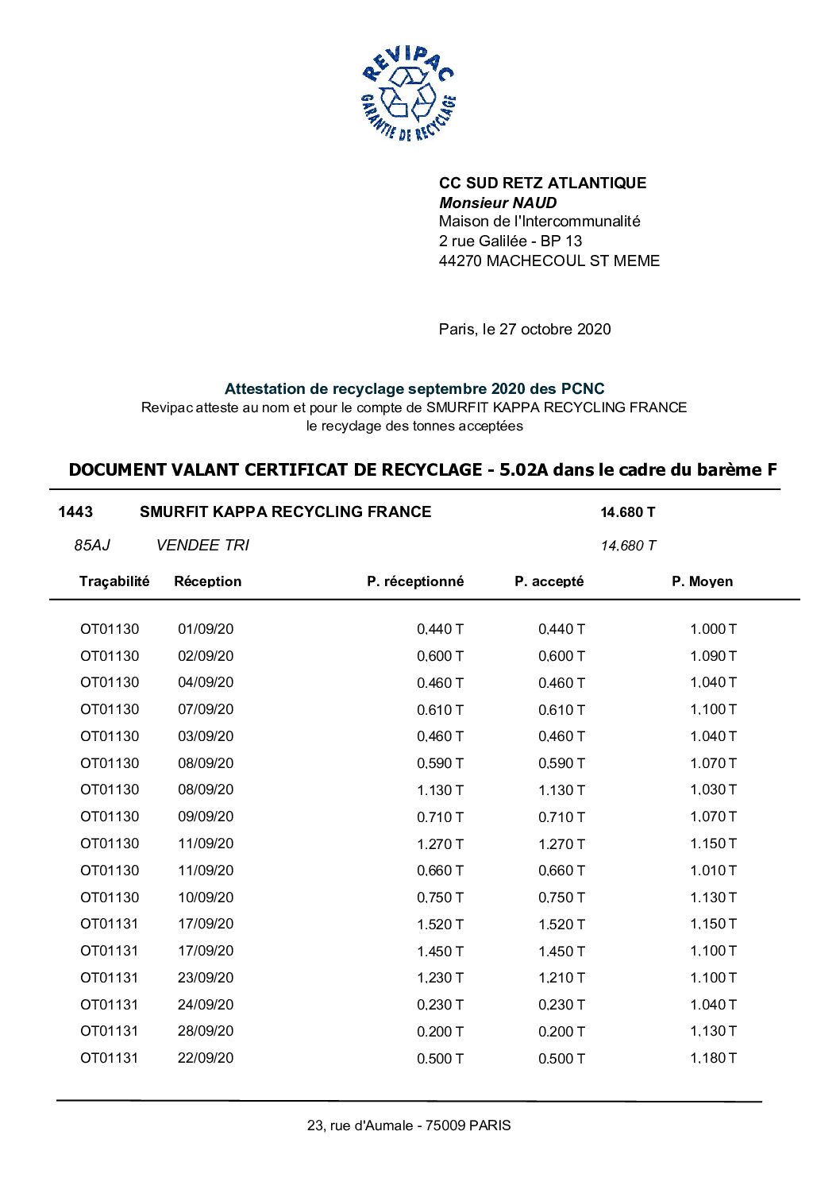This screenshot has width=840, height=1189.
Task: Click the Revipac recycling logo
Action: click(x=408, y=94)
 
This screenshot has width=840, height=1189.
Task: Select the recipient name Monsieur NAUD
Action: click(x=498, y=203)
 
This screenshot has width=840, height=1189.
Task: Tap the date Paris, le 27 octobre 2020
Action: click(x=525, y=329)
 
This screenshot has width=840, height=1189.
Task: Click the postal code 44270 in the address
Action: click(x=460, y=261)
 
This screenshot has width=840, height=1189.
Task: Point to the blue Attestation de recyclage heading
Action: click(x=414, y=388)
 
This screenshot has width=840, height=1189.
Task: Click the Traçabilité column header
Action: click(x=114, y=581)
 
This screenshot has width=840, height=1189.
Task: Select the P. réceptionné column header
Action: click(x=415, y=581)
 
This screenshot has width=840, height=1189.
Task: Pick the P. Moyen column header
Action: click(x=702, y=581)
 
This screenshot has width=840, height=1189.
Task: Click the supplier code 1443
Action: click(x=75, y=512)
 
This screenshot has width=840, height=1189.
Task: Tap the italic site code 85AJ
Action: click(x=92, y=545)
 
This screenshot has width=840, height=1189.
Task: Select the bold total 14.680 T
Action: click(x=627, y=512)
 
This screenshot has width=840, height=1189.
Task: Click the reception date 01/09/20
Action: click(x=206, y=629)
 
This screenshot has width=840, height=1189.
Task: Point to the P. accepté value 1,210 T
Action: click(x=561, y=978)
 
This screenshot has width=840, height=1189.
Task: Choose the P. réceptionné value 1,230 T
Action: click(x=440, y=978)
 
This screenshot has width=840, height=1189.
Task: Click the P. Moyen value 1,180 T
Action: click(x=713, y=1058)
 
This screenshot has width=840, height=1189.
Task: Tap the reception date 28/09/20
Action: click(x=206, y=1031)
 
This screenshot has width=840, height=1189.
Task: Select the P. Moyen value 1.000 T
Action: click(x=713, y=629)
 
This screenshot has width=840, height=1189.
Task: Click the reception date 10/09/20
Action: click(x=206, y=898)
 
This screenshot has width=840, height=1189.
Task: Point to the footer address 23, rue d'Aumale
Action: click(x=409, y=1125)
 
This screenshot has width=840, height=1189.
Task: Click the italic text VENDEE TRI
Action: click(x=202, y=545)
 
